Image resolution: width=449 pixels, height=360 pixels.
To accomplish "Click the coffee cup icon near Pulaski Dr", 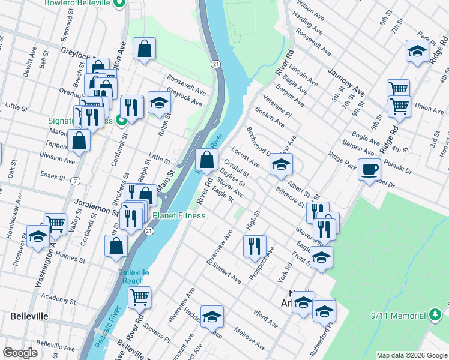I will pyautogui.click(x=369, y=169).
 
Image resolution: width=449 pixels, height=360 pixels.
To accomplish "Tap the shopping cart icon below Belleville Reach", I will pyautogui.click(x=139, y=296).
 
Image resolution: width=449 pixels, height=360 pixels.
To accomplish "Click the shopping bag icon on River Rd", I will pyautogui.click(x=206, y=160).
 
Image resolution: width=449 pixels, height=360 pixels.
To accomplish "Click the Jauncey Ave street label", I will pyautogui.click(x=346, y=82).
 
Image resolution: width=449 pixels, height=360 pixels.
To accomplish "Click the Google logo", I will pyautogui.click(x=20, y=353).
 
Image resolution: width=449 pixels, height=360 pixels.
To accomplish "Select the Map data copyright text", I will pyautogui.click(x=411, y=355).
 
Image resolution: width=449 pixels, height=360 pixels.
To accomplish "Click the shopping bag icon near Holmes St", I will pyautogui.click(x=116, y=245).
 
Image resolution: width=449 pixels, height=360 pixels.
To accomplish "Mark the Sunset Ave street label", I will pyautogui.click(x=226, y=274).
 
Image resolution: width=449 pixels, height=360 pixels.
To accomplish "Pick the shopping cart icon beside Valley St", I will pyautogui.click(x=55, y=223).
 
